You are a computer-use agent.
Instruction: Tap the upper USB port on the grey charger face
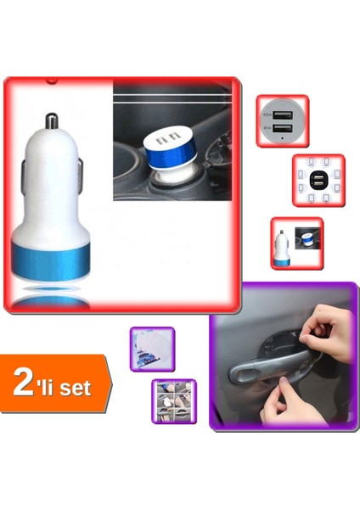coord(283,113)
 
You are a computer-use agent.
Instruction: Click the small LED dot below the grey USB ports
coord(283,137)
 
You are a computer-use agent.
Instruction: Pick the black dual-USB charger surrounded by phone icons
coord(318,180)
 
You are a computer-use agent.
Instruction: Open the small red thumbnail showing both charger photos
coord(296,243)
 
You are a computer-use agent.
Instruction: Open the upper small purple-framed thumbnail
coord(152,349)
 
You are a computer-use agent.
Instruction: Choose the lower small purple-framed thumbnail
coord(174,401)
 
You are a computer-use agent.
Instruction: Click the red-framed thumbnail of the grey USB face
coord(283,121)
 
